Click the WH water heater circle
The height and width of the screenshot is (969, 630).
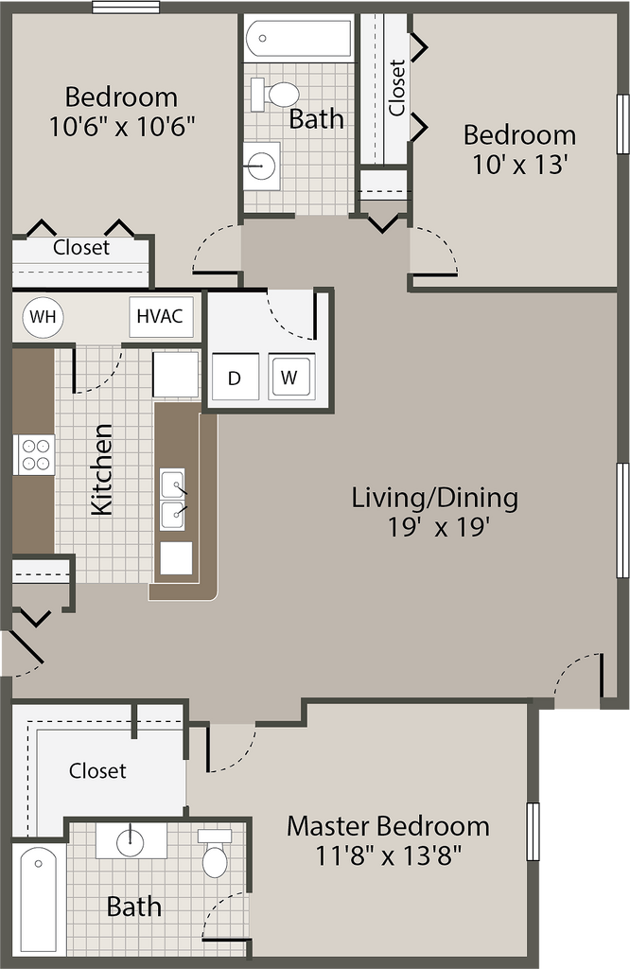43,317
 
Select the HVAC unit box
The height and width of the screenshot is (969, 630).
161,316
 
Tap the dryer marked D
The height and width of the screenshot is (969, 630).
235,377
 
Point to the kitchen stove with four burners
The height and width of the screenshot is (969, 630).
34,455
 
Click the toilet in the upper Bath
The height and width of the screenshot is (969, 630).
275,94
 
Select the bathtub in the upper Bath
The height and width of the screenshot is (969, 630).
298,37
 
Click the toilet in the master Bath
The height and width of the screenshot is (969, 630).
215,853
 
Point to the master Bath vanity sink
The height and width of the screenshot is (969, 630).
131,841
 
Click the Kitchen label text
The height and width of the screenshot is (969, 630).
102,469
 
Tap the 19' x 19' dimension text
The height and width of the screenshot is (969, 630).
439,528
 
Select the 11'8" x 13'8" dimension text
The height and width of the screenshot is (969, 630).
389,856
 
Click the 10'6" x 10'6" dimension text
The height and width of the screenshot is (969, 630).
122,128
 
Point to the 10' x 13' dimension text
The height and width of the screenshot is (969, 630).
520,165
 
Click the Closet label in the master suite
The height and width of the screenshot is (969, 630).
97,770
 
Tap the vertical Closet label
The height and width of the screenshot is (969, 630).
396,87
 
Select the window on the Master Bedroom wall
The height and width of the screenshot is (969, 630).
533,831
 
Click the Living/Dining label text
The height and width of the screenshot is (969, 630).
435,498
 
